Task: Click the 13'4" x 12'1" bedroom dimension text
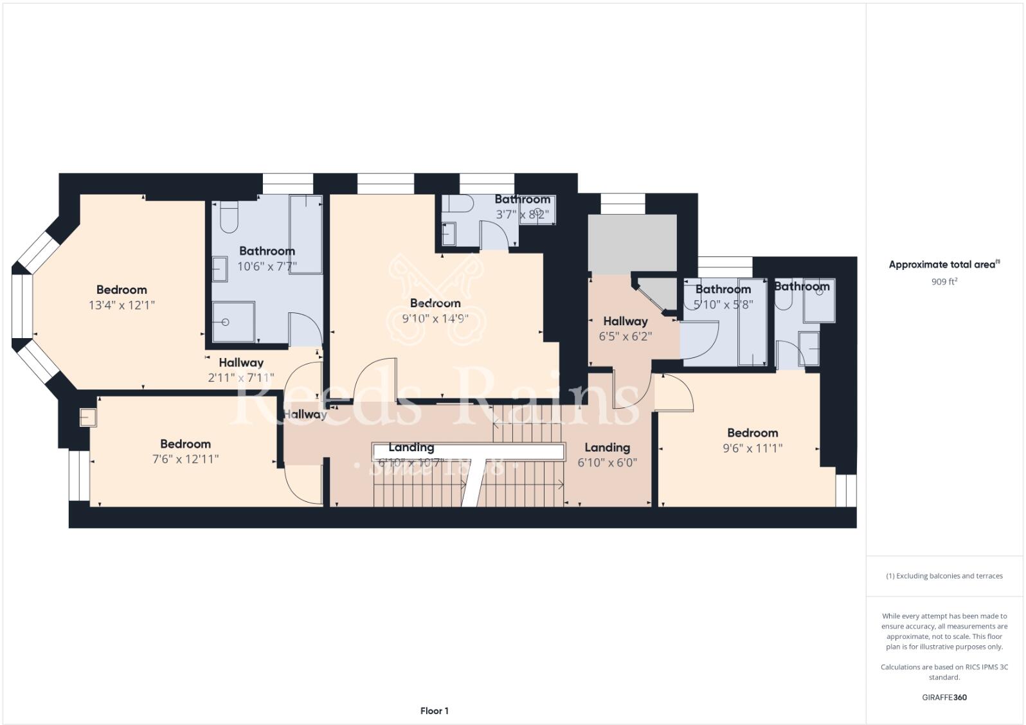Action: pos(122,305)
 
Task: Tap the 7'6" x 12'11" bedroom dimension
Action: pos(186,460)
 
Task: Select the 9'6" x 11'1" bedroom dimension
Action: pos(752,449)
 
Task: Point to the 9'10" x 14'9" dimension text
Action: pos(435,318)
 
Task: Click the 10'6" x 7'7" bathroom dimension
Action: pos(267,266)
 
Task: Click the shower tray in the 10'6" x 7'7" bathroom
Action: pos(233,321)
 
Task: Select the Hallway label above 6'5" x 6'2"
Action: pos(625,321)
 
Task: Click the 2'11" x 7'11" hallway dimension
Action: pos(241,378)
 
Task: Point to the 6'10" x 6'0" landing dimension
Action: pos(607,463)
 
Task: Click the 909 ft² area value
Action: pos(944,282)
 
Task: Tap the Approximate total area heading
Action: pos(944,264)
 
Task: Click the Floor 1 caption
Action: pos(435,711)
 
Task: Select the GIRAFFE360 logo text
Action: pos(944,697)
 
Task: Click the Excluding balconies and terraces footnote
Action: pos(944,576)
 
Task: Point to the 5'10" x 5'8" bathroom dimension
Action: pos(723,305)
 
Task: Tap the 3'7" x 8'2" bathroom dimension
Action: pos(522,215)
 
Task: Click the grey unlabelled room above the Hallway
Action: pos(632,243)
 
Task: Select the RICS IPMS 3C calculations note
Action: pos(944,672)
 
